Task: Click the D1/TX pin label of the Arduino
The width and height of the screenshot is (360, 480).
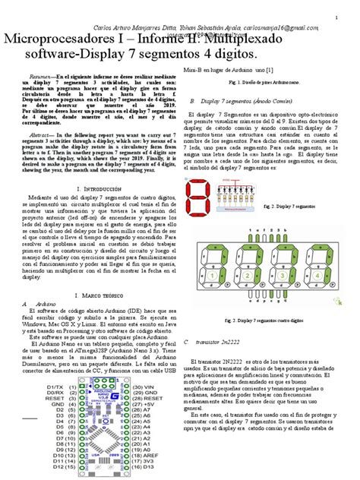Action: (x=62, y=407)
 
